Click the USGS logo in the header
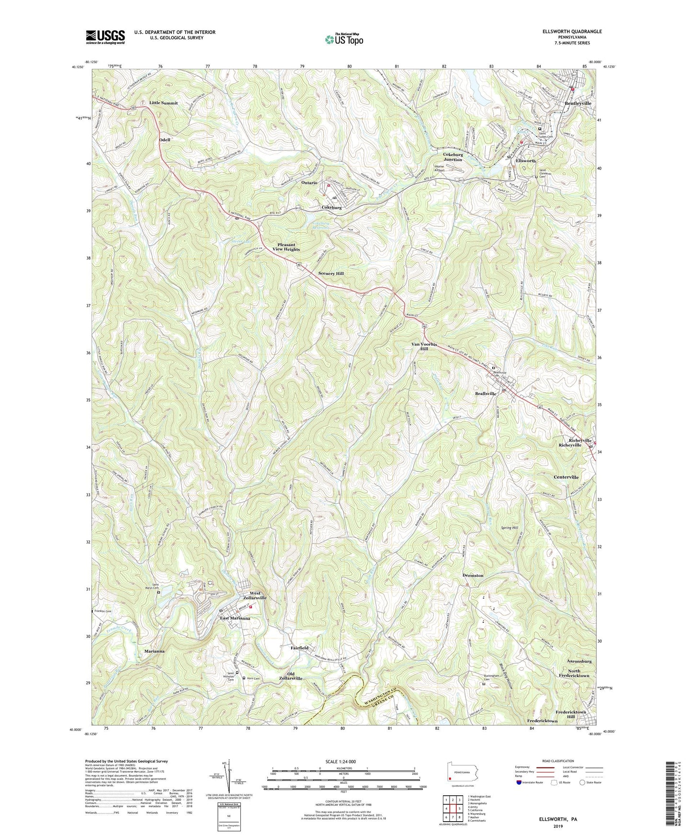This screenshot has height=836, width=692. click(105, 36)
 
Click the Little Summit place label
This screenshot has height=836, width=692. click(163, 103)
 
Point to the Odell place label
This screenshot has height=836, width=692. click(165, 140)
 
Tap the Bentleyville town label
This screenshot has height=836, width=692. click(578, 103)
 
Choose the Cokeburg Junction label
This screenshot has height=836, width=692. click(453, 157)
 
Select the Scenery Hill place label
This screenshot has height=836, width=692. click(331, 273)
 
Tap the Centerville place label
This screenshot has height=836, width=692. click(566, 477)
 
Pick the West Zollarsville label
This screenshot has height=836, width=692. click(255, 596)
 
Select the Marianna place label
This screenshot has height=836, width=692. click(155, 652)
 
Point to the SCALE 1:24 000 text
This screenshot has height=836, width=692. click(341, 762)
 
